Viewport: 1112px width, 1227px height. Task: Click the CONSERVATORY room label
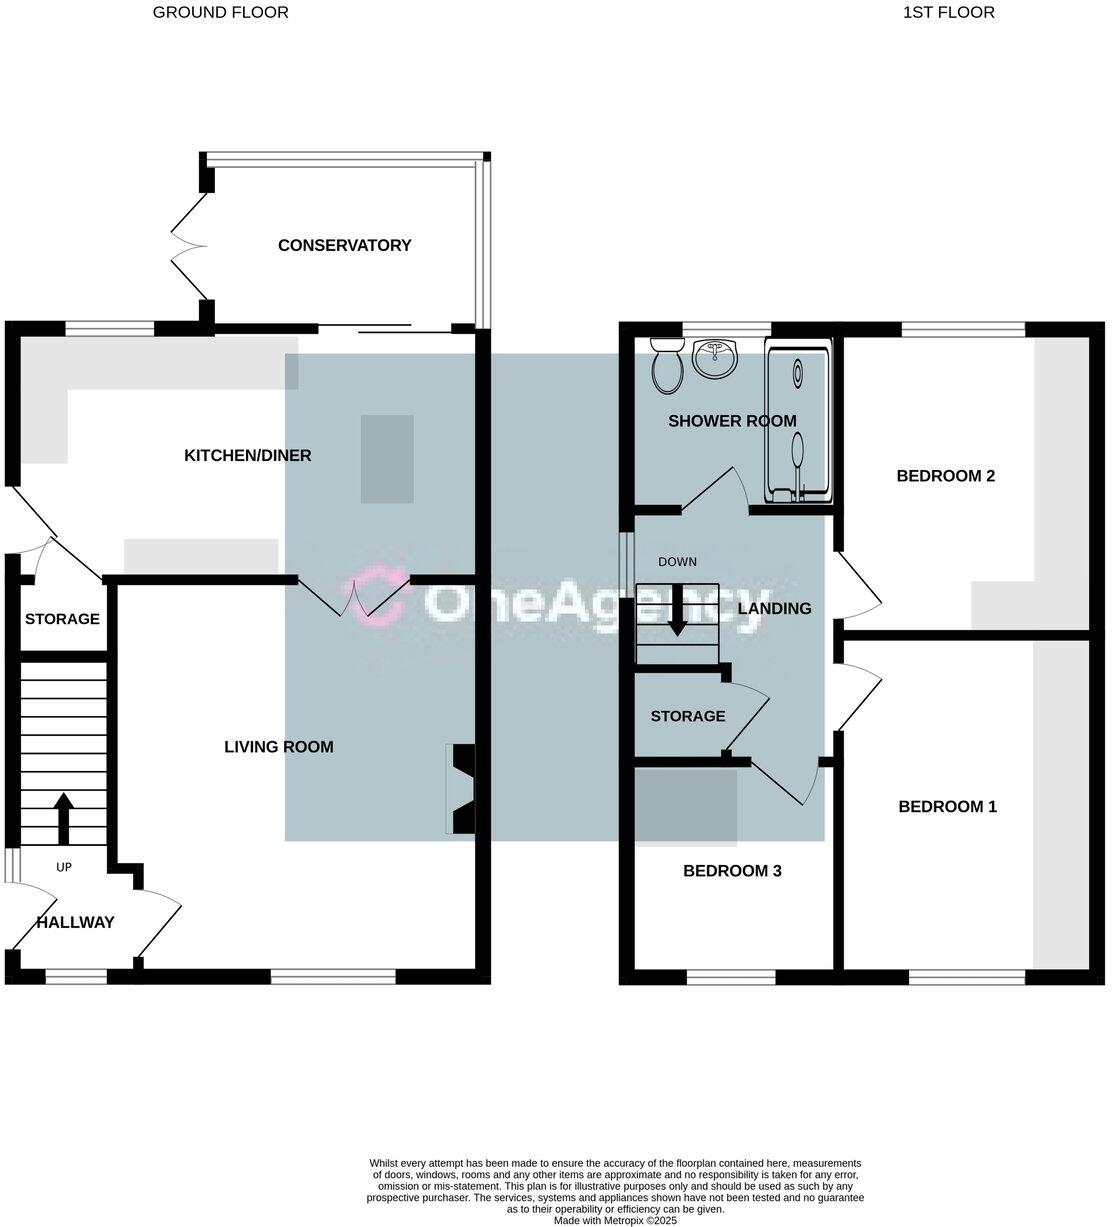click(344, 245)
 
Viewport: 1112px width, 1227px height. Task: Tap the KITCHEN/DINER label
click(248, 456)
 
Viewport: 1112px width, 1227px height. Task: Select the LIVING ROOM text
click(278, 747)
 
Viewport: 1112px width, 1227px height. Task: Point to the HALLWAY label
click(76, 922)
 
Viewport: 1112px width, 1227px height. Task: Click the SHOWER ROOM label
click(732, 421)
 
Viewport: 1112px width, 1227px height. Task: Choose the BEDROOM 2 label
click(945, 476)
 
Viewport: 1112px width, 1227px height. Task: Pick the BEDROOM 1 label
click(947, 807)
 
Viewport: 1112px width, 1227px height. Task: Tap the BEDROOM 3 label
click(732, 871)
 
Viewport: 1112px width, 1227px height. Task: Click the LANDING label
click(774, 608)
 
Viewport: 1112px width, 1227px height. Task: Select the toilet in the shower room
click(666, 366)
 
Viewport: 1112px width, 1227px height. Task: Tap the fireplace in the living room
click(463, 788)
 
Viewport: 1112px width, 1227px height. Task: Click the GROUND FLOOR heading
click(220, 12)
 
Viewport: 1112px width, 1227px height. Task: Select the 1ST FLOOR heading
click(948, 12)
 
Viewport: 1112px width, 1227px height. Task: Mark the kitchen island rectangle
click(386, 459)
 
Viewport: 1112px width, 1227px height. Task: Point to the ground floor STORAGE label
click(62, 619)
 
